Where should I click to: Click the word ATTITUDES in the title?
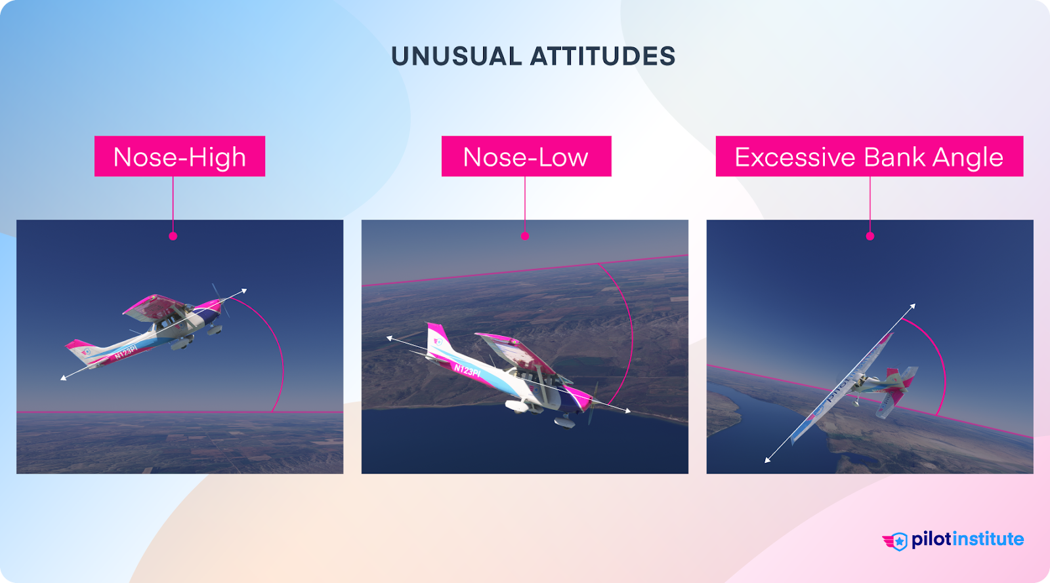click(x=602, y=56)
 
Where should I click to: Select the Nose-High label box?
click(x=180, y=157)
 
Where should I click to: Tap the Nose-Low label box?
click(x=526, y=157)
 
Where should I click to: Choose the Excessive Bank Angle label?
click(x=869, y=157)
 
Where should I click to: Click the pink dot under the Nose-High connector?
click(x=173, y=236)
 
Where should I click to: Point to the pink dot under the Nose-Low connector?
click(x=525, y=236)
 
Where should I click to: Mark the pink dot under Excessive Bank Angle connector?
click(x=870, y=236)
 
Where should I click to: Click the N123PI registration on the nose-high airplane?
click(x=125, y=352)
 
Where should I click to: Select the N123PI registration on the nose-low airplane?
click(x=467, y=371)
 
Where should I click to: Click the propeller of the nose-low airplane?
click(x=593, y=402)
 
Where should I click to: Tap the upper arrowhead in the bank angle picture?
click(x=912, y=306)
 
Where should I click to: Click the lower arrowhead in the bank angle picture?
click(x=767, y=460)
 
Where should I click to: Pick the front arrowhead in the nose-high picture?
click(x=244, y=290)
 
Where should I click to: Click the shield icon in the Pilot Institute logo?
click(x=899, y=541)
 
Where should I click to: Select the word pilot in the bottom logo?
click(x=931, y=540)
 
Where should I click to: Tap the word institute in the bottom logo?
click(x=988, y=540)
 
